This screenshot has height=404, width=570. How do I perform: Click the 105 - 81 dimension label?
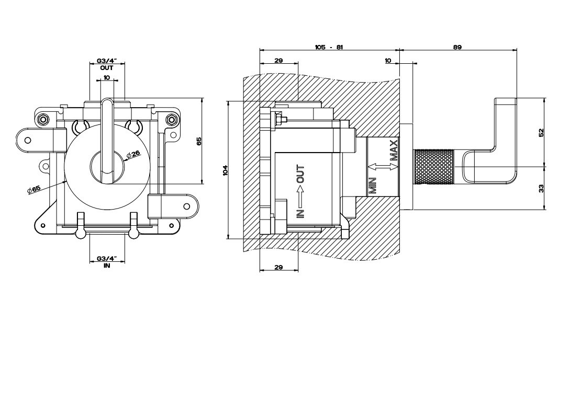(329, 47)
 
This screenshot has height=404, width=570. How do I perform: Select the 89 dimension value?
(457, 47)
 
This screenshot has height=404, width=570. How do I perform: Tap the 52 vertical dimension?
(541, 132)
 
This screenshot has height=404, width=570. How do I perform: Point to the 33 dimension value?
(541, 189)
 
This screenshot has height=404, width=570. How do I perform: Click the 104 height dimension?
(225, 170)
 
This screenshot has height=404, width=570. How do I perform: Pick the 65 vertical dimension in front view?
(199, 141)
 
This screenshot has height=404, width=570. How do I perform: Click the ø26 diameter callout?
(133, 155)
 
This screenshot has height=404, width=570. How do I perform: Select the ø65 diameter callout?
(34, 190)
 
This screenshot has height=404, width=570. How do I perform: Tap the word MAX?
(394, 151)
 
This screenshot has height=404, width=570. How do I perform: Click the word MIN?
(373, 185)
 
